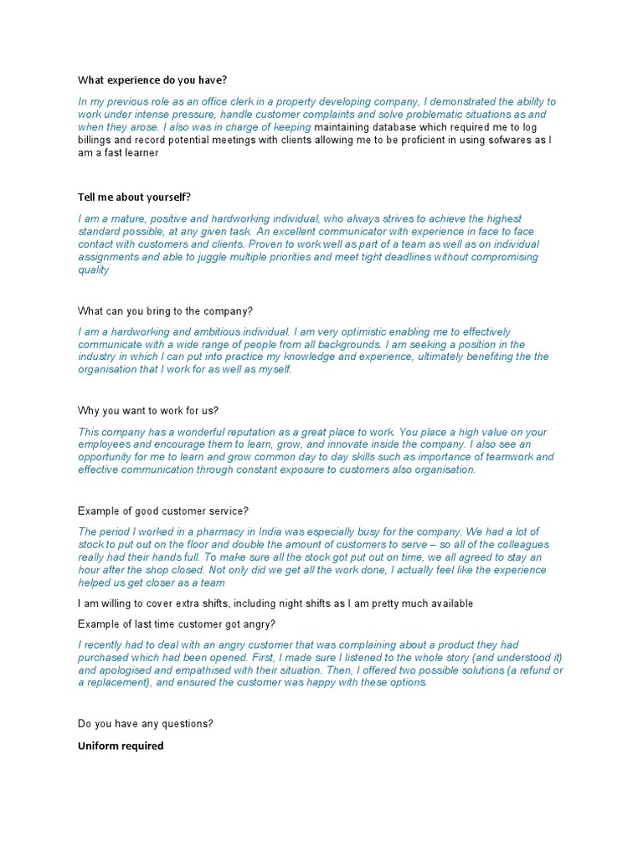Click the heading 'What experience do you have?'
tap(152, 80)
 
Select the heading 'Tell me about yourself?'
tap(135, 197)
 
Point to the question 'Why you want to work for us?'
tap(148, 411)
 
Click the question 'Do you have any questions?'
tap(146, 723)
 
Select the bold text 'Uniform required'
tap(121, 746)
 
